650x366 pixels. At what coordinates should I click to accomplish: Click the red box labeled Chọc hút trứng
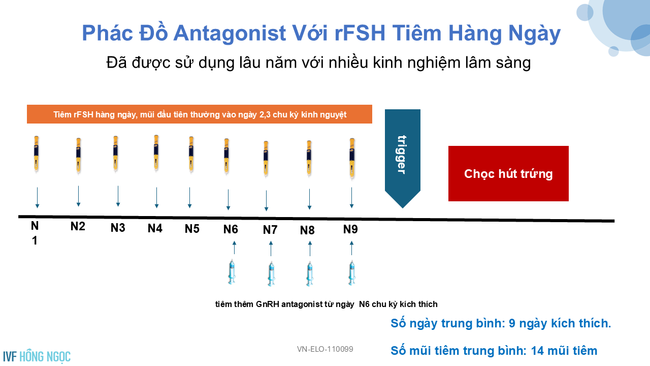[x=508, y=173]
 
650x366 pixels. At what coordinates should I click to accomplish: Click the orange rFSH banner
[x=200, y=114]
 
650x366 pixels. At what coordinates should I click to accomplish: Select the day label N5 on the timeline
[x=192, y=229]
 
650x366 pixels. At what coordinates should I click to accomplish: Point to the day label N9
[x=350, y=229]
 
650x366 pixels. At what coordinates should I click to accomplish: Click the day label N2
[x=78, y=226]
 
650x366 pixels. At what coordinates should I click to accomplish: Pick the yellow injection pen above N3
[x=115, y=154]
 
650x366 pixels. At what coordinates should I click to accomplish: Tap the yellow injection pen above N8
[x=309, y=158]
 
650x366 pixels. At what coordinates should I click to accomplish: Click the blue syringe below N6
[x=232, y=272]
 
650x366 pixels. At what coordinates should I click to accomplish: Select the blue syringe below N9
[x=352, y=273]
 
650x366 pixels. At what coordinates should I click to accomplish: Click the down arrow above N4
[x=157, y=198]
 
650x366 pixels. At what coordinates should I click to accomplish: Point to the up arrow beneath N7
[x=271, y=249]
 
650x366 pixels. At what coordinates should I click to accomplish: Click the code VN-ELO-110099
[x=325, y=349]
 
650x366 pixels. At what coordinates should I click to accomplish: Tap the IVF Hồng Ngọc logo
[x=37, y=356]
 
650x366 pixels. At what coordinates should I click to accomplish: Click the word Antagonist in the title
[x=230, y=34]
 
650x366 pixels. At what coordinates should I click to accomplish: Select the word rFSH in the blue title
[x=360, y=33]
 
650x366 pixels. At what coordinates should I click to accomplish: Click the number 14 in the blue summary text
[x=537, y=351]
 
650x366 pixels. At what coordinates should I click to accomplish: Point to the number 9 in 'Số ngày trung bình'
[x=512, y=323]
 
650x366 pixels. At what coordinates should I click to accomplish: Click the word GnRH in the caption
[x=268, y=304]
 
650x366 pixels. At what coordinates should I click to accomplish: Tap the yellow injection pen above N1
[x=36, y=154]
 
